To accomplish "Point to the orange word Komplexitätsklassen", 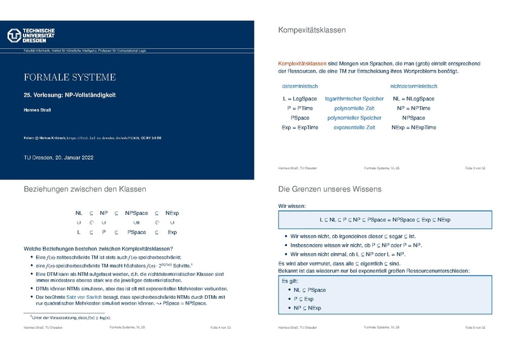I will pos(302,64).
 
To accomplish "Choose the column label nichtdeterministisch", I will pos(414,86).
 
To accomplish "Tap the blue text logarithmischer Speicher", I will pos(354,99).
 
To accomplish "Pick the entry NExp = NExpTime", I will pos(414,128).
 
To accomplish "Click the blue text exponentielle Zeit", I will pos(354,128).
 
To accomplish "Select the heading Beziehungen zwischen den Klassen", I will pos(85,189).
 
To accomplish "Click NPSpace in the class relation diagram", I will pos(137,213).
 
